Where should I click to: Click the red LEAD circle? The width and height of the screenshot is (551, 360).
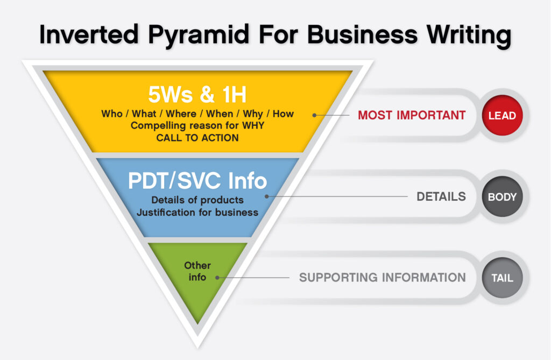click(x=502, y=115)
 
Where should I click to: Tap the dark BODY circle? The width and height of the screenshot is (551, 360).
click(x=502, y=196)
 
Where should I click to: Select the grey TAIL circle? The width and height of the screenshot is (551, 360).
click(x=502, y=278)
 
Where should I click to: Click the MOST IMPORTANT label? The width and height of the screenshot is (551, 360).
click(x=412, y=115)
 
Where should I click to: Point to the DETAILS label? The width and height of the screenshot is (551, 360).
click(x=441, y=196)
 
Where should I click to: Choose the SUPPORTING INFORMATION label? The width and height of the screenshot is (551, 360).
click(x=383, y=277)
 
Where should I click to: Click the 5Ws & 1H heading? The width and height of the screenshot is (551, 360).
click(x=197, y=94)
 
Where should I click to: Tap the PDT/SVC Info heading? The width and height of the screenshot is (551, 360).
click(x=197, y=181)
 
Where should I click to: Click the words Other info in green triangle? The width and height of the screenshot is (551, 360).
click(x=197, y=271)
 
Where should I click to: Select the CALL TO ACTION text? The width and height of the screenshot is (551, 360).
click(x=197, y=138)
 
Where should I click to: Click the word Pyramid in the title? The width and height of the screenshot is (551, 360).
click(x=199, y=35)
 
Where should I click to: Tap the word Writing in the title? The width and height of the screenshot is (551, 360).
click(x=469, y=35)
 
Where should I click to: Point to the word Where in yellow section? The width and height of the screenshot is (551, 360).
click(x=181, y=114)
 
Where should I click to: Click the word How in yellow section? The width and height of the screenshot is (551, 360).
click(x=283, y=114)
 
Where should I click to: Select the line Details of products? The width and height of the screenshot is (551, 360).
click(x=197, y=200)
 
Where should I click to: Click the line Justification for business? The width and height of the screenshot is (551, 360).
click(x=197, y=213)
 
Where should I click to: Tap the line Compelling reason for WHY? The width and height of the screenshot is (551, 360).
click(x=197, y=125)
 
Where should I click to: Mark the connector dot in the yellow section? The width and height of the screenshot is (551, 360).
click(x=314, y=115)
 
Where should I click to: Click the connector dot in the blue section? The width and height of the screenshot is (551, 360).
click(x=267, y=196)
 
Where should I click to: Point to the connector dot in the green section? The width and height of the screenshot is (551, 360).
click(x=217, y=278)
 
